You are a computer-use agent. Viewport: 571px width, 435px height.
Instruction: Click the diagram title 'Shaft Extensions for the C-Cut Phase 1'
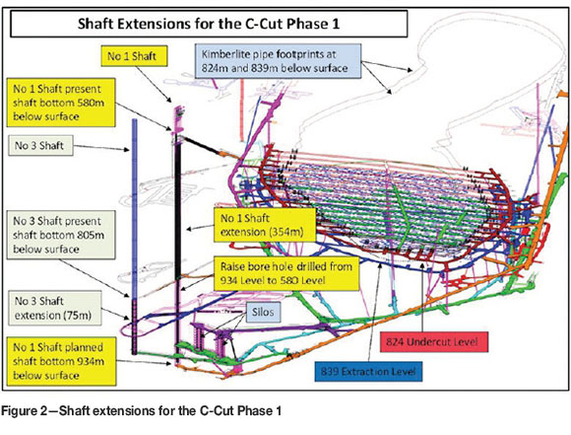(209, 24)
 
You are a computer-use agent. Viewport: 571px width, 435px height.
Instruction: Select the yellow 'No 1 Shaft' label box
(134, 56)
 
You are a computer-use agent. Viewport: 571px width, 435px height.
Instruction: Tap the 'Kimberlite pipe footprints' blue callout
(278, 61)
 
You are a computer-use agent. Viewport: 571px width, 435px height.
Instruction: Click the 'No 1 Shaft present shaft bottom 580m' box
(61, 103)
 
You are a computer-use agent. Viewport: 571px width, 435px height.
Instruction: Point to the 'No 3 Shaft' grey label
(40, 146)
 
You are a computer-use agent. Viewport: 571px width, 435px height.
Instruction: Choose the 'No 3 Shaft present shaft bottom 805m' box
(61, 235)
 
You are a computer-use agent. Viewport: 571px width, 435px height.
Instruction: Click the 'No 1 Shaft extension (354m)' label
(265, 225)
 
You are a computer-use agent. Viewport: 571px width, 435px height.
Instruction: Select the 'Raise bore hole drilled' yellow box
(286, 273)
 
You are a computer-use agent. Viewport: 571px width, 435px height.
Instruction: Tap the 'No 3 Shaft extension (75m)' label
(54, 309)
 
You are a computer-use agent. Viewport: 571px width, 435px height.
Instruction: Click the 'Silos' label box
(263, 312)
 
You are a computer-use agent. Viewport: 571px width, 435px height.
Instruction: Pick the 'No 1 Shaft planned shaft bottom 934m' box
(61, 361)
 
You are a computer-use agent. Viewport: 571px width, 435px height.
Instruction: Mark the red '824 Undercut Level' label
(434, 342)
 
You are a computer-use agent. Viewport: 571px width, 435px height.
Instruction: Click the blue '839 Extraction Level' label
(368, 372)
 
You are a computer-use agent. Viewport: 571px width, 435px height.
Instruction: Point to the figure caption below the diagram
(142, 411)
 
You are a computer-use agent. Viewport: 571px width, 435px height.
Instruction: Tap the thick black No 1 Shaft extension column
(178, 207)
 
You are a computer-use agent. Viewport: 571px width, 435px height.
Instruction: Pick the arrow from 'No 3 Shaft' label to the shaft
(101, 147)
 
